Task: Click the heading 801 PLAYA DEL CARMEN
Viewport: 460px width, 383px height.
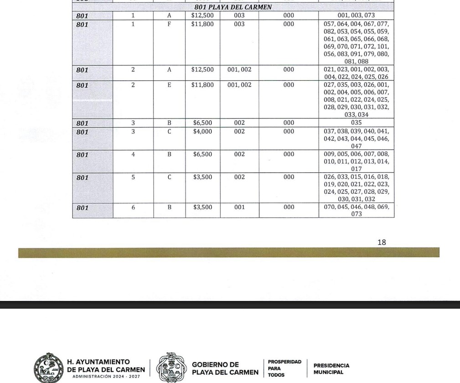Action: point(233,7)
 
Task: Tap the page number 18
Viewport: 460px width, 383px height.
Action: point(382,243)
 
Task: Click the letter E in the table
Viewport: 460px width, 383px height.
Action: point(169,85)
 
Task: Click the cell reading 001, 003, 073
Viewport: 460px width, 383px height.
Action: point(356,15)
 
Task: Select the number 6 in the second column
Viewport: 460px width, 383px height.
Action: point(133,208)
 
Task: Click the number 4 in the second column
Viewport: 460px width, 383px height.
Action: point(133,155)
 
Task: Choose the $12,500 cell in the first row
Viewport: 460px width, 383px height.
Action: point(202,15)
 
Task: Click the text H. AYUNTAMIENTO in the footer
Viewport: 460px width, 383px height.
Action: point(98,362)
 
